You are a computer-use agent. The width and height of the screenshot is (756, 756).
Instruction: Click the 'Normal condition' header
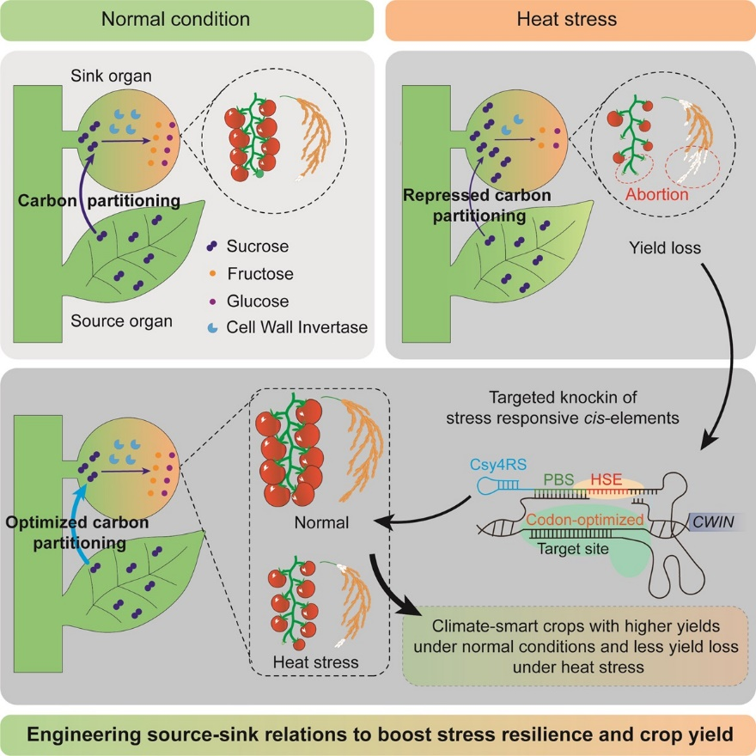coord(187,19)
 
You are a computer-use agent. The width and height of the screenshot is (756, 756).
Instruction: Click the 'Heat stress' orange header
coord(567,19)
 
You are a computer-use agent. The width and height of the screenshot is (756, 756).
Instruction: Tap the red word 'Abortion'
coord(656,194)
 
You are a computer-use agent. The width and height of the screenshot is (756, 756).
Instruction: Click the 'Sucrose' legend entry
coord(258,247)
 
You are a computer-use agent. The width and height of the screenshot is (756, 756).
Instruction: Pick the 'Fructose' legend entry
coord(260,274)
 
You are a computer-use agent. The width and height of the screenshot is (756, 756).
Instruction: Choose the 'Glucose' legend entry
coord(258,301)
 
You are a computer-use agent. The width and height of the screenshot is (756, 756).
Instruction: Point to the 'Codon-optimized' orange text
coord(584,520)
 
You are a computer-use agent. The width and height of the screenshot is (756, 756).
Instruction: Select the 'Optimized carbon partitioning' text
coord(76,533)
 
